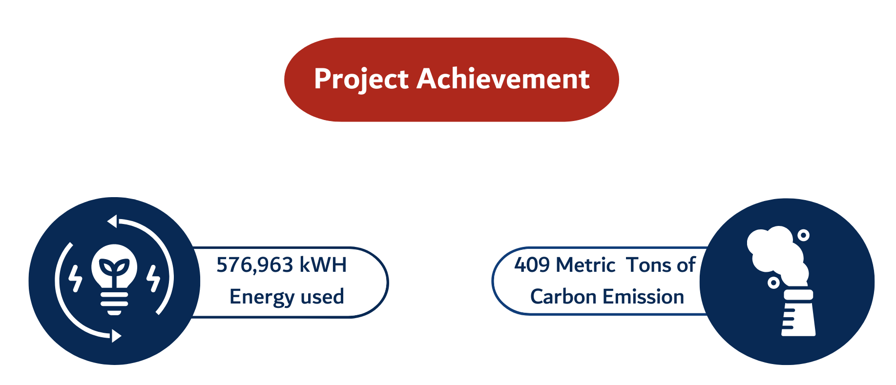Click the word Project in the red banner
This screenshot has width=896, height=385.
[x=361, y=79]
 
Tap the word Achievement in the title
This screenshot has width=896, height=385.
[x=503, y=79]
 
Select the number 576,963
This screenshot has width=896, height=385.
[x=254, y=265]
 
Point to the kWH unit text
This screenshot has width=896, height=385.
[x=323, y=265]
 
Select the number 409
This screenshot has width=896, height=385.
[x=532, y=265]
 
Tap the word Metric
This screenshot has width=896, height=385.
[x=585, y=265]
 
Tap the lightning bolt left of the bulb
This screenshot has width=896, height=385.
[x=75, y=278]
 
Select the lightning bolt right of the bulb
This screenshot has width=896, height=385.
[x=153, y=278]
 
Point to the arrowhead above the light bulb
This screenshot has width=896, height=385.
[x=112, y=222]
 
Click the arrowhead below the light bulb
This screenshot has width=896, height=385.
[x=116, y=336]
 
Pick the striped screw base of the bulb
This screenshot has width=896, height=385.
[x=114, y=303]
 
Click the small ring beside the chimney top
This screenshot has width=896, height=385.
[x=773, y=283]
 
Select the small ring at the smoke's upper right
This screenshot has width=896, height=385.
[x=803, y=235]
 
